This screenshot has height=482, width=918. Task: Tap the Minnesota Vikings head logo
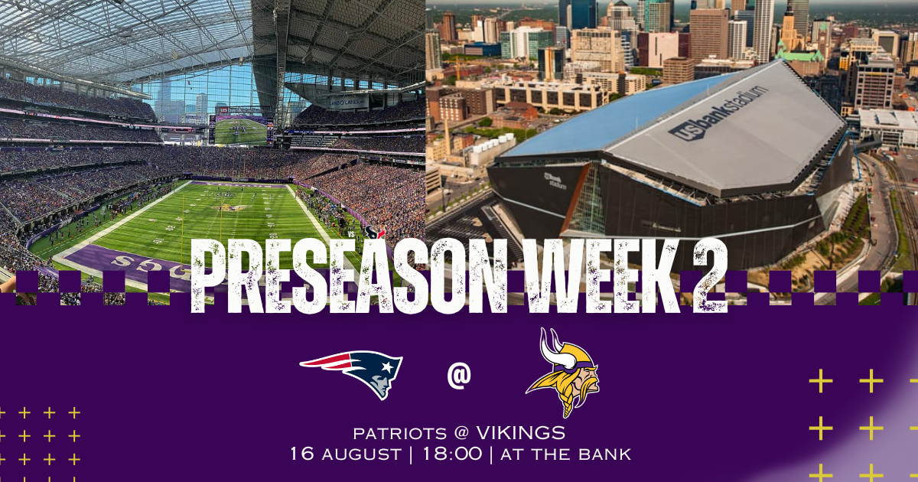563,373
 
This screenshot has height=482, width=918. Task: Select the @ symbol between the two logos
459,376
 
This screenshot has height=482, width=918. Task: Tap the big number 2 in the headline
710,276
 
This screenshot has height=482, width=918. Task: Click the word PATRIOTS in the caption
399,434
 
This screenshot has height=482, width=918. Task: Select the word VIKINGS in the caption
521,433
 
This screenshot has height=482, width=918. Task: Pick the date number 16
302,454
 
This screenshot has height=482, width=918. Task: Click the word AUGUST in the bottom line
361,454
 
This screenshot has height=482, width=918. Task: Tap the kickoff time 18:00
452,454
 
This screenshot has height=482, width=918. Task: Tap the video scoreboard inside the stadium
241,130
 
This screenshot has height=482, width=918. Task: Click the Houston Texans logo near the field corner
374,233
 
